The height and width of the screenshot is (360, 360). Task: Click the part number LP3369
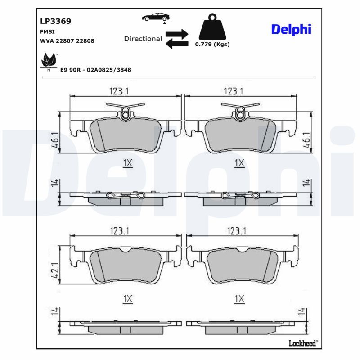click(55, 21)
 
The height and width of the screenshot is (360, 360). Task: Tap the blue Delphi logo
click(291, 30)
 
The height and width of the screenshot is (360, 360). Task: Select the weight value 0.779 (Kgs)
click(212, 44)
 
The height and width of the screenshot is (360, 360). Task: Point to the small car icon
click(156, 18)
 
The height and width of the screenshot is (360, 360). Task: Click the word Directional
click(143, 39)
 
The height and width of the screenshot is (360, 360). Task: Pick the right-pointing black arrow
click(177, 34)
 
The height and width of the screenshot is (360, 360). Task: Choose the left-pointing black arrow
click(177, 44)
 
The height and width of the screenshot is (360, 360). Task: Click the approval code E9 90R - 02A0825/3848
click(96, 70)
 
